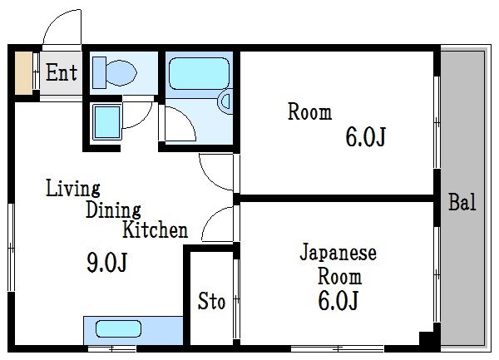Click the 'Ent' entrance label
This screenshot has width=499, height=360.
click(x=61, y=73)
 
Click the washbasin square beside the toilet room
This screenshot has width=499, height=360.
click(x=106, y=120)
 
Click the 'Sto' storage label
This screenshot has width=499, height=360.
click(x=211, y=302)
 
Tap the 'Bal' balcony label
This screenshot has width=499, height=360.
click(x=462, y=202)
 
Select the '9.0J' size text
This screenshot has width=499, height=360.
click(x=107, y=264)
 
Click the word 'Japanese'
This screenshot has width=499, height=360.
click(x=338, y=253)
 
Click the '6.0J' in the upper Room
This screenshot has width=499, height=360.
click(x=365, y=137)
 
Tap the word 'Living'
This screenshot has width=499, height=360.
click(x=72, y=188)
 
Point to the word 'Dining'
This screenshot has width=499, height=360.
click(x=113, y=210)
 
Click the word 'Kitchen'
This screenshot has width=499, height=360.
click(x=156, y=229)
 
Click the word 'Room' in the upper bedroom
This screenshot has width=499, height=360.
click(x=309, y=112)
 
